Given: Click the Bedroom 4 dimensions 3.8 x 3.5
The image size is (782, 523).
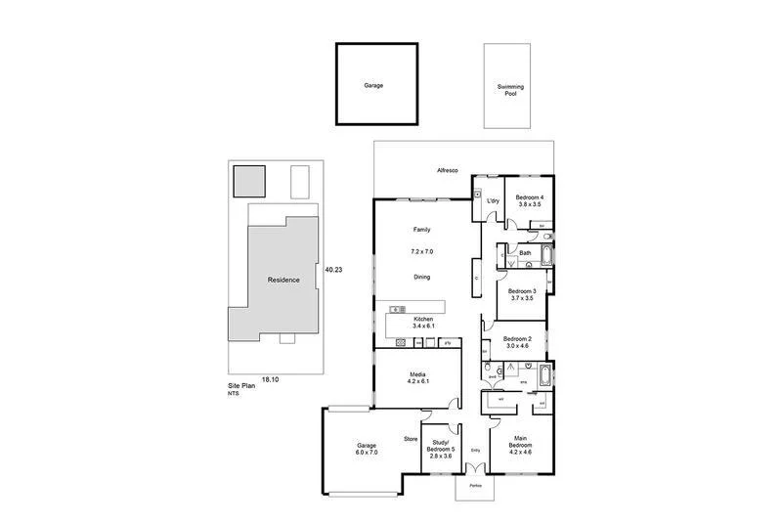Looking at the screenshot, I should pos(530,205).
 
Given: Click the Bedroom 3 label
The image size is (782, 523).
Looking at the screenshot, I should pos(521,290).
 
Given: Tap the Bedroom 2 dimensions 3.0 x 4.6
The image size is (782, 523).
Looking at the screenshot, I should pos(517,346).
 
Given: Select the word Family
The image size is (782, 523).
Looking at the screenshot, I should pos(422,230).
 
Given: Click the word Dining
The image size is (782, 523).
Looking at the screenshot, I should pos(422,277).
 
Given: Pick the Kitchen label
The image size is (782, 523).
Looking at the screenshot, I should pos(423,320).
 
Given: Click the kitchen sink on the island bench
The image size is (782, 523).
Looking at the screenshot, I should pos(398,310).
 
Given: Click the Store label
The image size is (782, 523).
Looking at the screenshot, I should pos(411,439).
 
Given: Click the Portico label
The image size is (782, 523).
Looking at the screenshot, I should pos(476,486).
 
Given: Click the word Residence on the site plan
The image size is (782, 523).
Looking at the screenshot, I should pos(283,280).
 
